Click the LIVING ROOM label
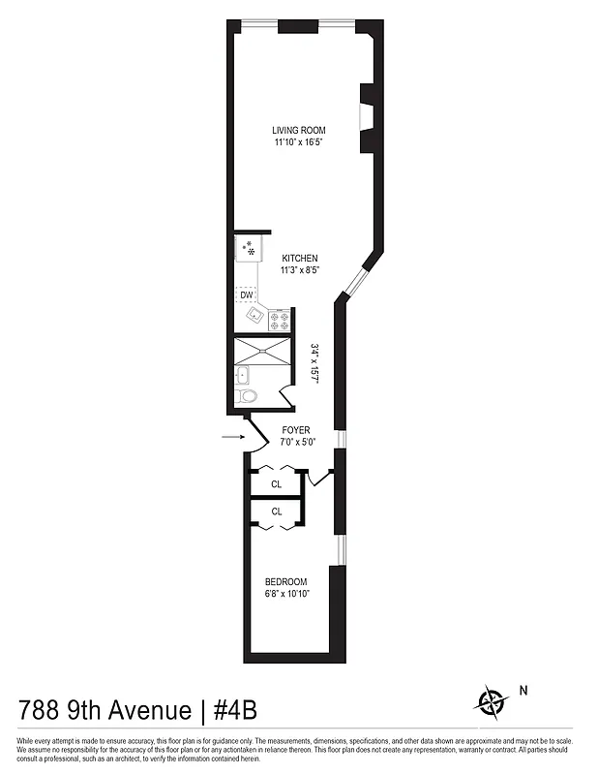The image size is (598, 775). point(298,130)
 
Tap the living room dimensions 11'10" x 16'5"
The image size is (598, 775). point(298,142)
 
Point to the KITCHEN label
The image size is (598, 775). point(300,258)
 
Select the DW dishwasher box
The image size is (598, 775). point(247,294)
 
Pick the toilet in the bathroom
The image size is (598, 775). point(248,396)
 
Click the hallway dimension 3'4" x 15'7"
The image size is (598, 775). point(314,363)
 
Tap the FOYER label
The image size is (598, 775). point(296,429)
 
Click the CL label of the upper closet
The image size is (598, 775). point(277,483)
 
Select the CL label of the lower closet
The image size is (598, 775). point(277,511)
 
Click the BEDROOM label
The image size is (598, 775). point(286,582)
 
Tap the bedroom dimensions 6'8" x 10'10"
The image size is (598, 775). point(286,595)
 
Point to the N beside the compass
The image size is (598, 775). point(523,691)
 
